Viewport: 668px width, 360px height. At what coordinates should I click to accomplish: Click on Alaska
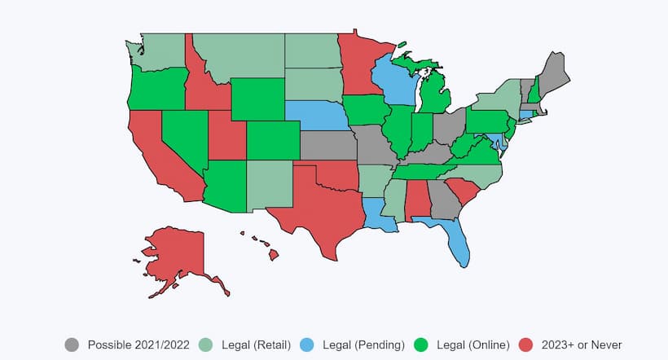click(175, 252)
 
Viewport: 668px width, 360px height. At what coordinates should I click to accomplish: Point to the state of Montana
click(236, 57)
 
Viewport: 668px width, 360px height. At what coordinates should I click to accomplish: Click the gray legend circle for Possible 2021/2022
click(73, 345)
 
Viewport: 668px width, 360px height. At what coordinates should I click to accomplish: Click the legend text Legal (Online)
click(475, 345)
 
